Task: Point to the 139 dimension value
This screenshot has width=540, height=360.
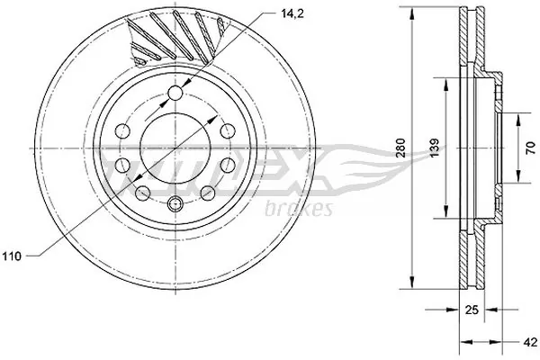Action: pyautogui.click(x=433, y=148)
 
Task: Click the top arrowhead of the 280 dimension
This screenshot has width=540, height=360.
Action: pyautogui.click(x=413, y=12)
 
